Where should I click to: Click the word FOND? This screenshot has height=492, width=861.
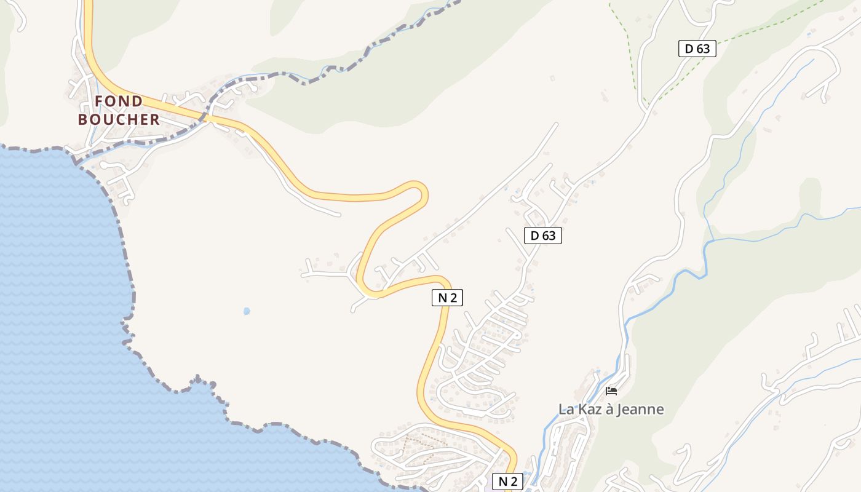click(119, 101)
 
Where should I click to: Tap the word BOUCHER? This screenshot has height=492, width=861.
click(119, 119)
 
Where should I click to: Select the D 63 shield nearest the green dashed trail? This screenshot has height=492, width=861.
click(697, 49)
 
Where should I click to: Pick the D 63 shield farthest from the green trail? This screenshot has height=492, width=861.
click(543, 235)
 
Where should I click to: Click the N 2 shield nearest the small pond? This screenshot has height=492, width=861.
click(447, 298)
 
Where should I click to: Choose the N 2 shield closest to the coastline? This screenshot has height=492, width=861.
click(507, 481)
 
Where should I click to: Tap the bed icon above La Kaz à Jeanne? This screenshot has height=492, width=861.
click(611, 391)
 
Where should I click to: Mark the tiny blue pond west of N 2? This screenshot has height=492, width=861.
click(247, 311)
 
